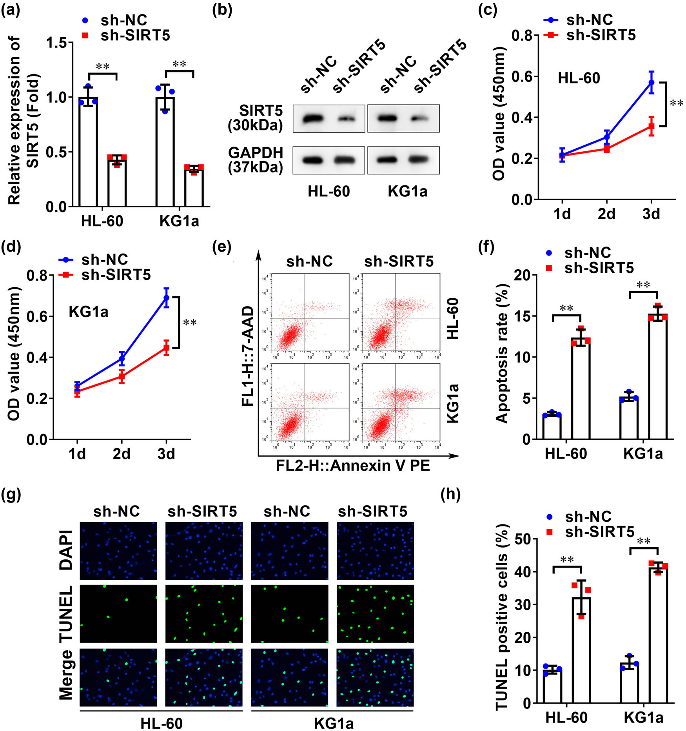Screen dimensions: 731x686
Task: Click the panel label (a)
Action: (11, 10)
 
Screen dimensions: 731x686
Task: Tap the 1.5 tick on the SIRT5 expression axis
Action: (56, 43)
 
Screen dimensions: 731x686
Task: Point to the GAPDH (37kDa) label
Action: (256, 160)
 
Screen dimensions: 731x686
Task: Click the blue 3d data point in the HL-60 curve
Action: (651, 82)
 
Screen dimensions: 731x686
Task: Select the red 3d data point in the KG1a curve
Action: (166, 347)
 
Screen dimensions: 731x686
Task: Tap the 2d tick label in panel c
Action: (606, 214)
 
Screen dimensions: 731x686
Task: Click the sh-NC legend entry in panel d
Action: (94, 259)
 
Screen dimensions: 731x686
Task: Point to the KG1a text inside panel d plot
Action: (89, 312)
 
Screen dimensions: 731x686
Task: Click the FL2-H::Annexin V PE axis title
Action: (353, 465)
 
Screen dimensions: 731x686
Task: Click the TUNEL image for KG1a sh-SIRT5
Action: (375, 614)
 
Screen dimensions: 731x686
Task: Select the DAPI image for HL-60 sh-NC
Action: (118, 551)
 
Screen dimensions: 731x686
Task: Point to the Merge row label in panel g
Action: (66, 675)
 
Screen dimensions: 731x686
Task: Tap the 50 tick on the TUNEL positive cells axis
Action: (522, 539)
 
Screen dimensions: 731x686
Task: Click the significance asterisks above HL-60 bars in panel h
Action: (567, 560)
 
